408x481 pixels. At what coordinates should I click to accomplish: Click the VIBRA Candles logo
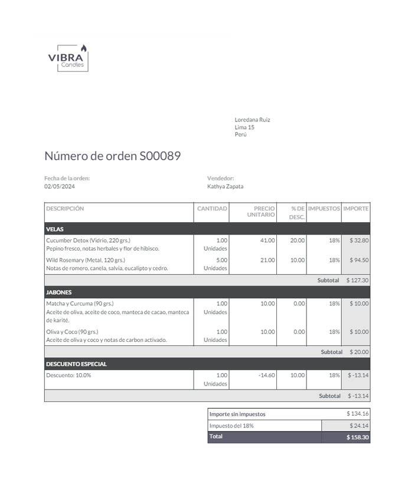[x=68, y=58]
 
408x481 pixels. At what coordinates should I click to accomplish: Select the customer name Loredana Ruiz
[x=252, y=120]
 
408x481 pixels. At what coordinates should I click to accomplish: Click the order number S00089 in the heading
[x=160, y=156]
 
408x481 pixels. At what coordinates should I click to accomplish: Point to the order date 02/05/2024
[x=60, y=186]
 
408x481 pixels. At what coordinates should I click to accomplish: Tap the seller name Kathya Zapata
[x=225, y=186]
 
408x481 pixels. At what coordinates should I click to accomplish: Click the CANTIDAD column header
[x=212, y=209]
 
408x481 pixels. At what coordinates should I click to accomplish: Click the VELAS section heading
[x=55, y=229]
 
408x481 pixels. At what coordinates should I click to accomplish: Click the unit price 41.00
[x=267, y=240]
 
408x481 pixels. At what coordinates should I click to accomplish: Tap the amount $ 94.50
[x=359, y=260]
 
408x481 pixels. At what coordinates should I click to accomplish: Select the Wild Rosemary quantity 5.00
[x=221, y=260]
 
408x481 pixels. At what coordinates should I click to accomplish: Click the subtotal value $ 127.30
[x=357, y=281]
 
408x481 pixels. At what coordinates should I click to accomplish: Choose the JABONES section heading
[x=58, y=292]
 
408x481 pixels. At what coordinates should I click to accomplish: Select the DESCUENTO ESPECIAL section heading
[x=76, y=364]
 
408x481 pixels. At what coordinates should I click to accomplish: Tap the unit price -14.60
[x=267, y=375]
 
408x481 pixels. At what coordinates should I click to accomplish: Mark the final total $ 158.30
[x=357, y=438]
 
